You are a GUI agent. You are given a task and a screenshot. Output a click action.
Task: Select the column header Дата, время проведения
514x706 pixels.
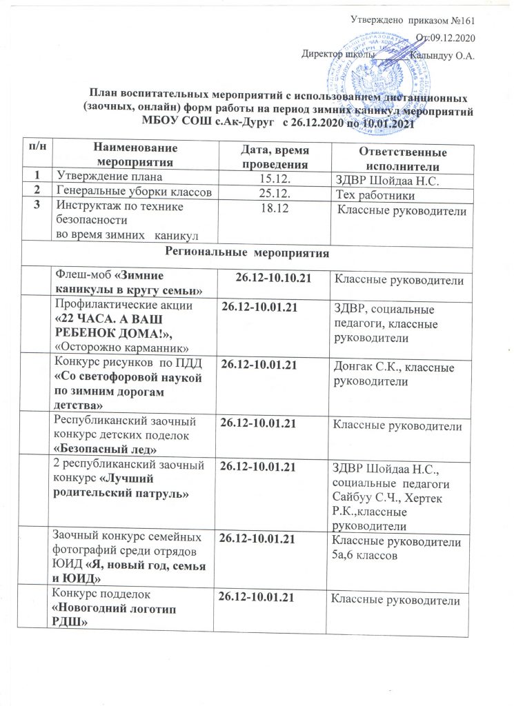coord(274,156)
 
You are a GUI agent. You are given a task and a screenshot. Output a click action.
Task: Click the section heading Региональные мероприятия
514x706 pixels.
coord(262,253)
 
